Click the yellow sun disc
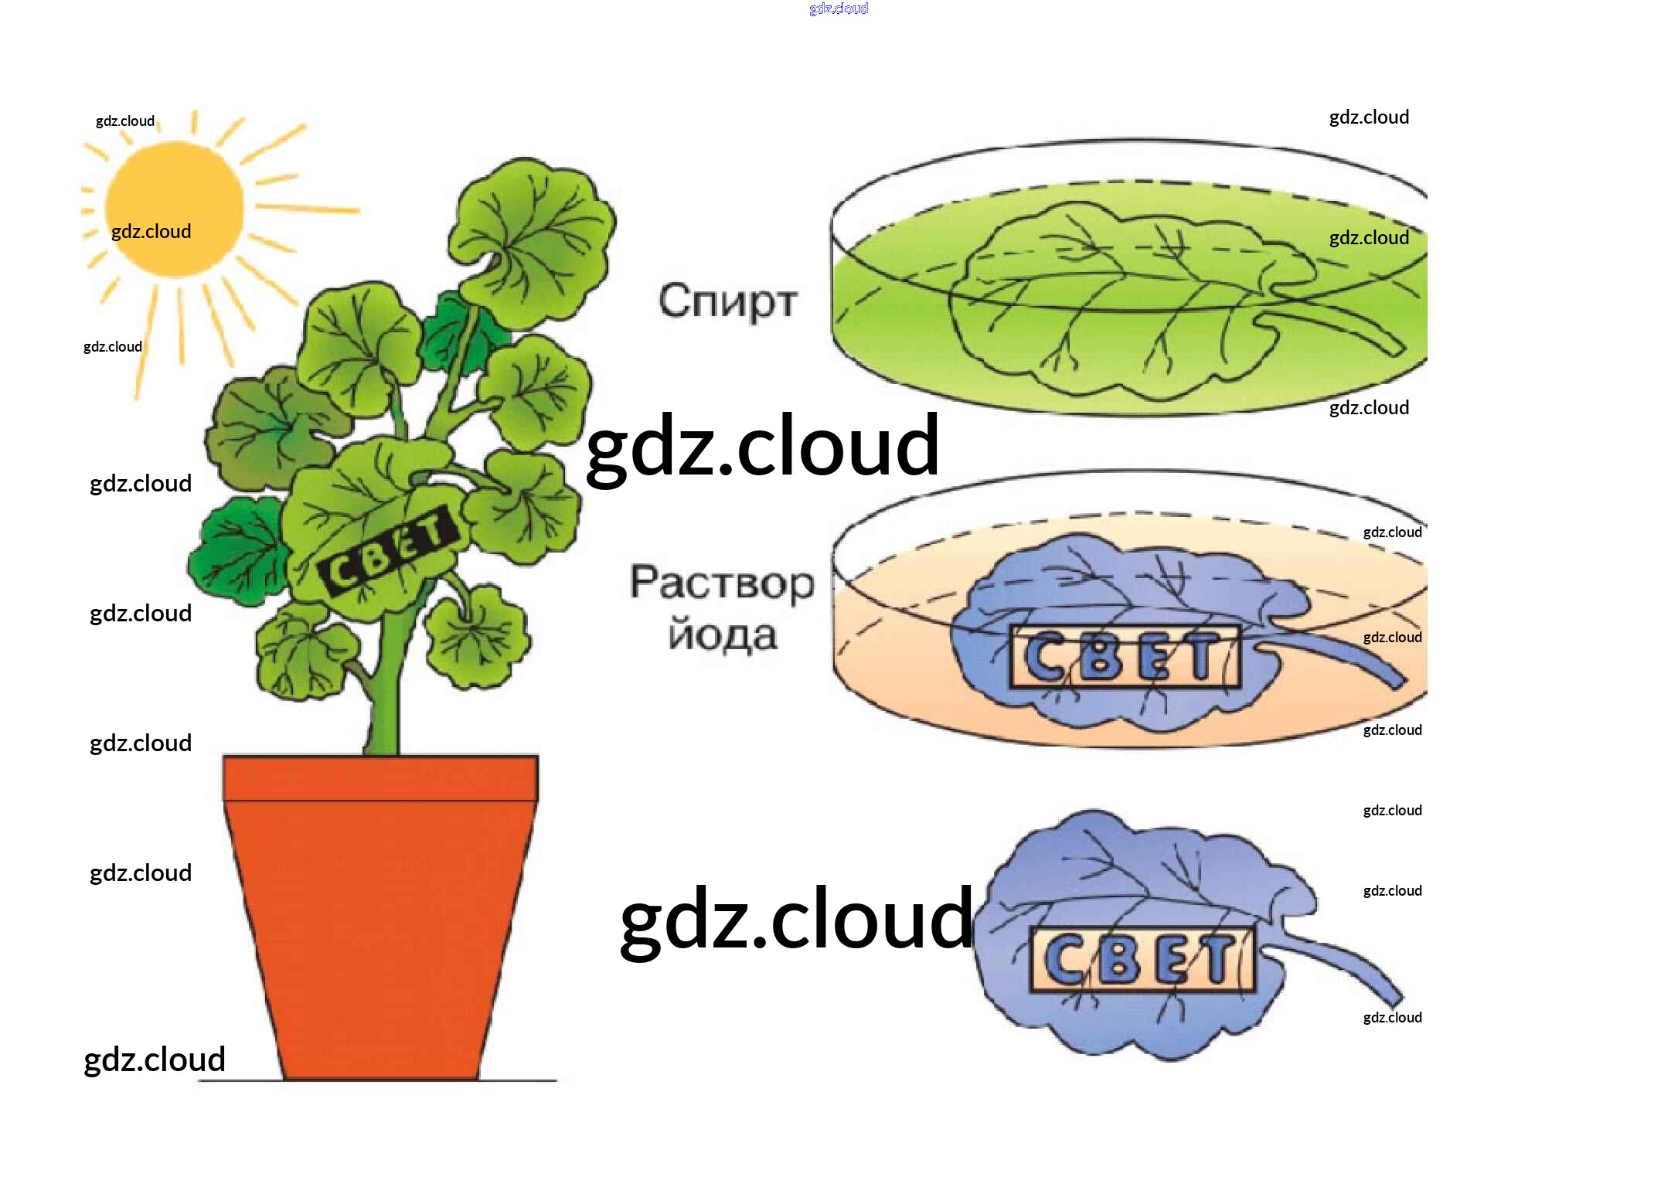click(175, 209)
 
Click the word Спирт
click(727, 302)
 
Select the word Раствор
click(722, 583)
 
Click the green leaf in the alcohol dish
click(1144, 301)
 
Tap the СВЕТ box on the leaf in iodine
click(1125, 657)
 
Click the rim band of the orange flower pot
click(381, 778)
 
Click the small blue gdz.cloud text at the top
click(839, 9)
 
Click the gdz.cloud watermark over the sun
click(151, 232)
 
